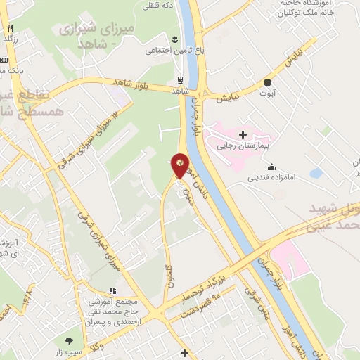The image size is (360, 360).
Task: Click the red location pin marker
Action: [x=180, y=165]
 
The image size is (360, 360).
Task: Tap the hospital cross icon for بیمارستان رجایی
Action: [x=243, y=133]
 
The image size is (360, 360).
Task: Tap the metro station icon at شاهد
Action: [x=180, y=79]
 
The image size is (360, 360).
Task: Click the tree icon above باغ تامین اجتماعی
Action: [x=175, y=38]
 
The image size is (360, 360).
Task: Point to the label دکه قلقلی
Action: [x=158, y=6]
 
